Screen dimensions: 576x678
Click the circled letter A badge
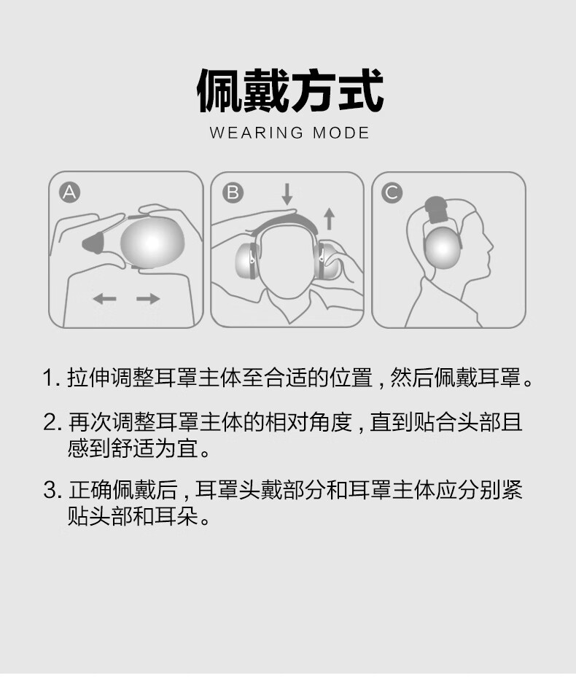pyautogui.click(x=69, y=192)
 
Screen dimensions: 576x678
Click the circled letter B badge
pyautogui.click(x=233, y=192)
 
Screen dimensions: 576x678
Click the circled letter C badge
pyautogui.click(x=392, y=192)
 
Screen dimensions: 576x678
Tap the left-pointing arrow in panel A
pyautogui.click(x=105, y=298)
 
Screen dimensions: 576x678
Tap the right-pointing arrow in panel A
pyautogui.click(x=148, y=298)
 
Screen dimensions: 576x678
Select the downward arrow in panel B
pyautogui.click(x=287, y=194)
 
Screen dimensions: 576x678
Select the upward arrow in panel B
pyautogui.click(x=330, y=219)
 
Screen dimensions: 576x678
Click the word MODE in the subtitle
pyautogui.click(x=341, y=133)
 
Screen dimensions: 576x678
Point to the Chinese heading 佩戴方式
pyautogui.click(x=290, y=91)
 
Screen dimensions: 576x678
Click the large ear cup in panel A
pyautogui.click(x=152, y=243)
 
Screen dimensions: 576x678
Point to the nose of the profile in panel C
pyautogui.click(x=491, y=248)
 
